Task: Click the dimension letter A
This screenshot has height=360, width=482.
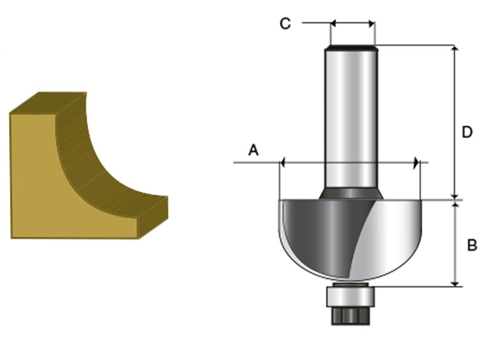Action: click(253, 150)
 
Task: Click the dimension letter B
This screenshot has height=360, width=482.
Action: click(472, 245)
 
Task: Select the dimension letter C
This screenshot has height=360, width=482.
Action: click(285, 24)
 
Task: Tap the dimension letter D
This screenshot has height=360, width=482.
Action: click(467, 132)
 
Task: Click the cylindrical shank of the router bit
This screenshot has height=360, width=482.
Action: click(351, 118)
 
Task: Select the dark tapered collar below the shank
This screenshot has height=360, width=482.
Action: click(351, 193)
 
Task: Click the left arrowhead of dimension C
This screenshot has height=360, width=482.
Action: click(333, 23)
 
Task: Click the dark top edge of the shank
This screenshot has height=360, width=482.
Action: click(351, 48)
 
